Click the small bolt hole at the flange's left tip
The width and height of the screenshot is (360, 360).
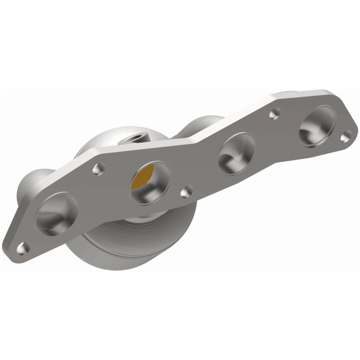[x=23, y=247]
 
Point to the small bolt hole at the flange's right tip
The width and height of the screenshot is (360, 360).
[x=345, y=136]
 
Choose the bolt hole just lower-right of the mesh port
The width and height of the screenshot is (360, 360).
[x=186, y=193]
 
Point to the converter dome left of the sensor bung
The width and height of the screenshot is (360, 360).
[x=103, y=139]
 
